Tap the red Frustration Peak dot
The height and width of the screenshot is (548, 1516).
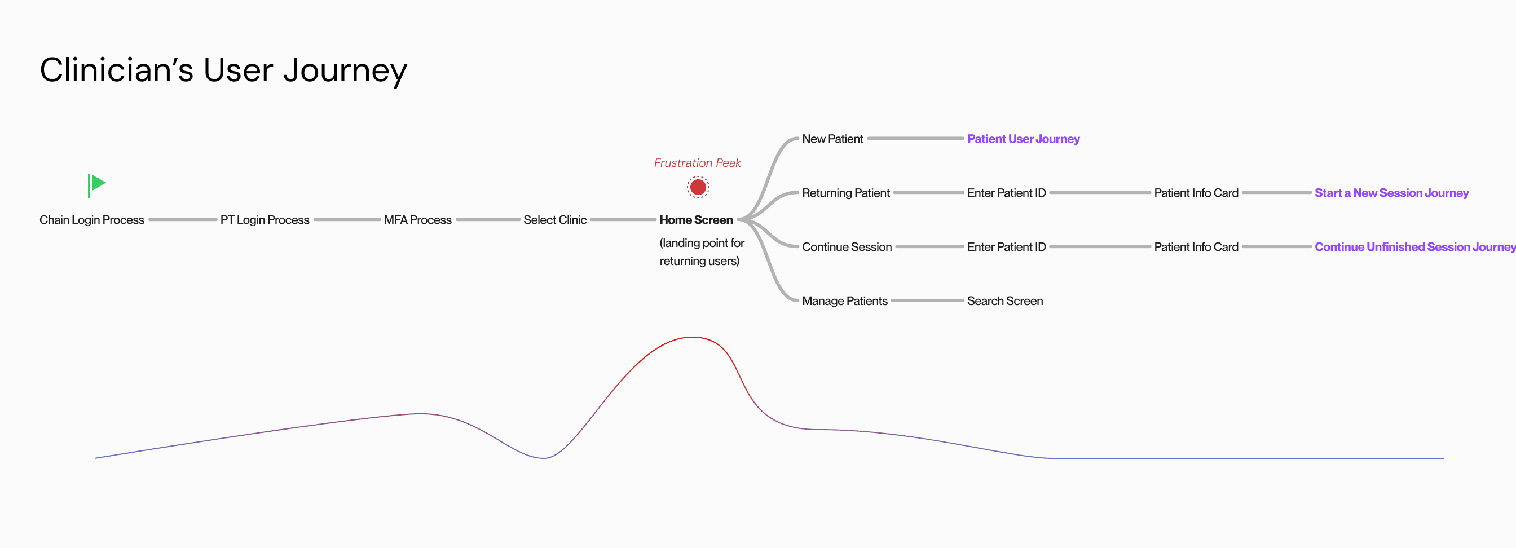click(698, 188)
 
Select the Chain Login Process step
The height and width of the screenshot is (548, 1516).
click(92, 220)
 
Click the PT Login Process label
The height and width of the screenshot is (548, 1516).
click(265, 220)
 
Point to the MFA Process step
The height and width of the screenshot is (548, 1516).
click(418, 220)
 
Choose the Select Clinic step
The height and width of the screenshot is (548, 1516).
click(555, 220)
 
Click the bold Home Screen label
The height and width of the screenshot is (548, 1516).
click(696, 220)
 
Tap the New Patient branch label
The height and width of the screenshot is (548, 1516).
click(832, 139)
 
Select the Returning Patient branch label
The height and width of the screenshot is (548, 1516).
click(845, 193)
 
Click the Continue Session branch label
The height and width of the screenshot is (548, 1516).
click(847, 247)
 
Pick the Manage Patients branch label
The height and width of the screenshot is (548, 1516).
click(844, 301)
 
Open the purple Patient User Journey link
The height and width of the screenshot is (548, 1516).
click(1024, 139)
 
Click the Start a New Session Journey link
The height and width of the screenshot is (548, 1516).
click(1392, 193)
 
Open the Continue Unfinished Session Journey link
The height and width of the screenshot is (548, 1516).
click(1414, 247)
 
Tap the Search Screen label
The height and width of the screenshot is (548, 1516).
click(1005, 301)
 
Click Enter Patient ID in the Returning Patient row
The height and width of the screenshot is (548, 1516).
click(1006, 193)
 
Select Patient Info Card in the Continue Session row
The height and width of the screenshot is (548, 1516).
click(1196, 247)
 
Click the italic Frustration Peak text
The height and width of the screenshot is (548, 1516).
click(698, 163)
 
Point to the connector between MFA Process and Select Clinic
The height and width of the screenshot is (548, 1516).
click(488, 220)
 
